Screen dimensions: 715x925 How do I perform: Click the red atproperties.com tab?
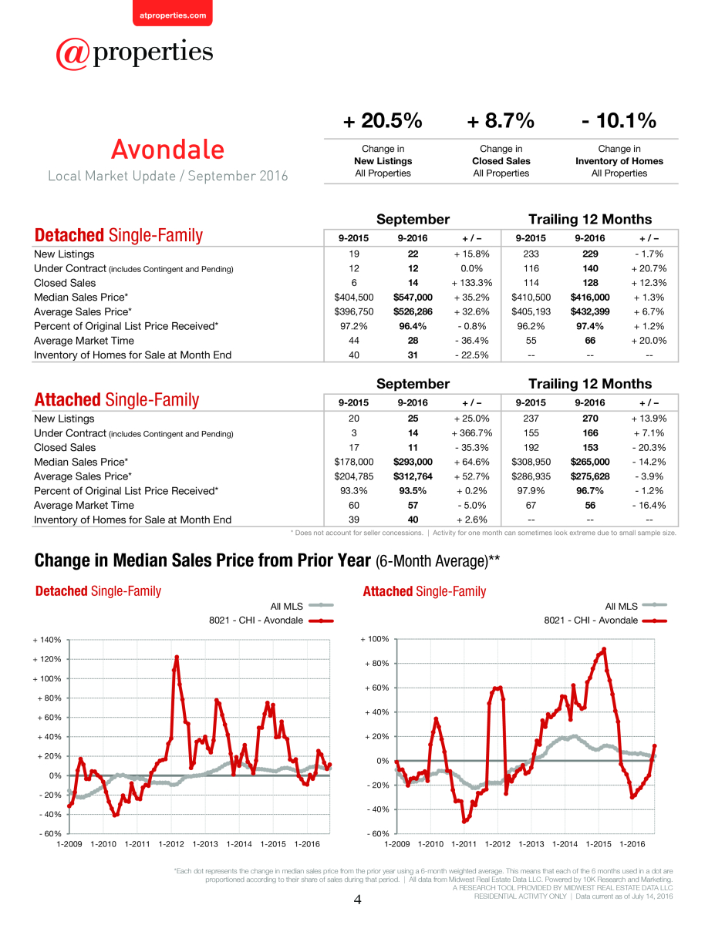coord(173,13)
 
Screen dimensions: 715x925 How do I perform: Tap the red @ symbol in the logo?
coord(73,54)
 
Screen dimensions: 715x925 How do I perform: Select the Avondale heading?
coord(168,150)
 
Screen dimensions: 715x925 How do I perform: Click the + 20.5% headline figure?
coord(383,120)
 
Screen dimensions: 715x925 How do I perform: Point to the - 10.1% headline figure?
coord(619,120)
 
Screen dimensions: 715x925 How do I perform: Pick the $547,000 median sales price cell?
coord(413,297)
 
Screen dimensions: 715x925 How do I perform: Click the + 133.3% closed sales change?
coord(472,283)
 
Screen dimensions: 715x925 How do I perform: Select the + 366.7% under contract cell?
coord(472,433)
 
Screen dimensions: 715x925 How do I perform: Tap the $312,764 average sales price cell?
coord(413,476)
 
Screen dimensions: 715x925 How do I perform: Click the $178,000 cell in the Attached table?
coord(354,462)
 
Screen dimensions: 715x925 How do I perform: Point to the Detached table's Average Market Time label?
coord(84,341)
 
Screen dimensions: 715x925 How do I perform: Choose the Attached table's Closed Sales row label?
coord(65,447)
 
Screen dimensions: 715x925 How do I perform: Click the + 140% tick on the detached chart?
coord(47,640)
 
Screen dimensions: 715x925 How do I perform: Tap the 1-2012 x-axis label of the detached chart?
coord(171,844)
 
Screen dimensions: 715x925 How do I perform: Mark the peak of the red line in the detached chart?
coord(177,657)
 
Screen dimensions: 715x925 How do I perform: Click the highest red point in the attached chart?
coord(604,649)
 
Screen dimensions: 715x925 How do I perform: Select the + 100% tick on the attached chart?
coord(375,639)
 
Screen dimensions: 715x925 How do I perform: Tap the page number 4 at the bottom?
coord(357,900)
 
